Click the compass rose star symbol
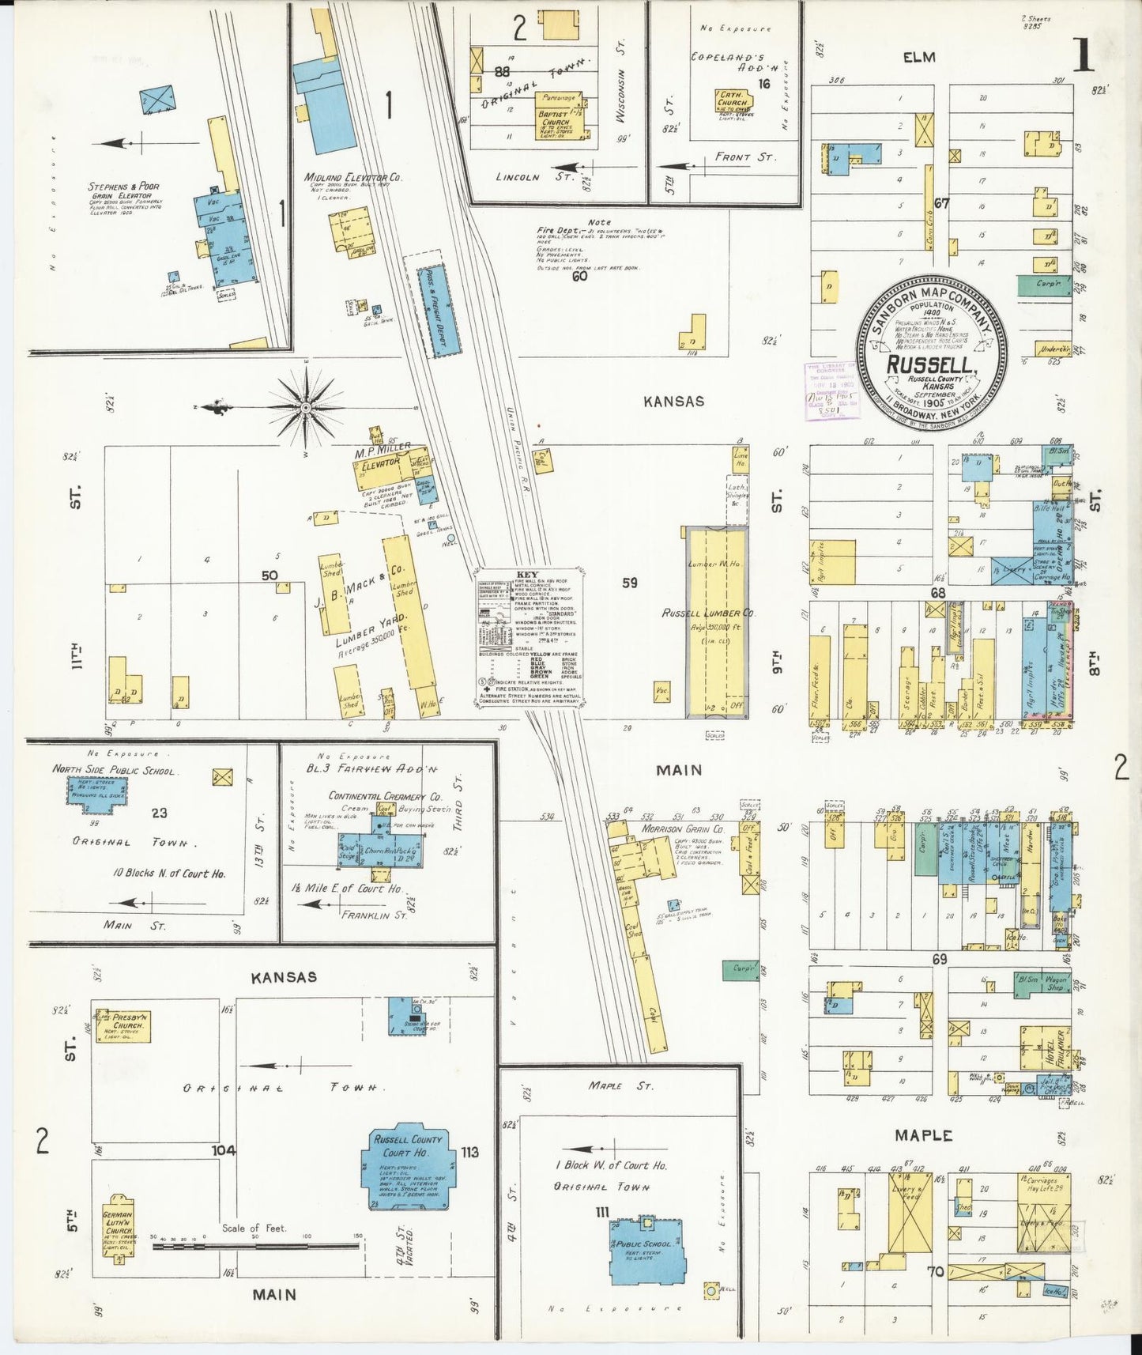click(307, 408)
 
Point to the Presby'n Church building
click(120, 1025)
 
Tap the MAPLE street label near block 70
click(923, 1135)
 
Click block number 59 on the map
click(629, 583)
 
